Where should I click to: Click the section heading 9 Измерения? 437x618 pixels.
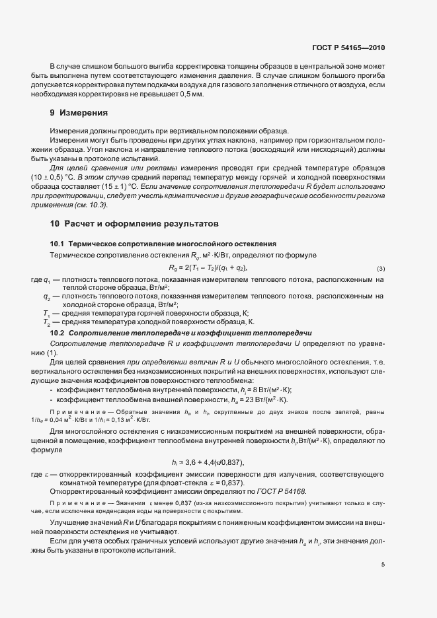79,113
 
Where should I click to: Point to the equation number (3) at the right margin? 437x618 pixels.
381,268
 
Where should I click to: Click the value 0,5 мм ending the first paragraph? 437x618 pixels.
192,95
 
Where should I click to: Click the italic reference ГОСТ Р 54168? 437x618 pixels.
281,493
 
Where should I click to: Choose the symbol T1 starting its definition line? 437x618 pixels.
46,312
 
